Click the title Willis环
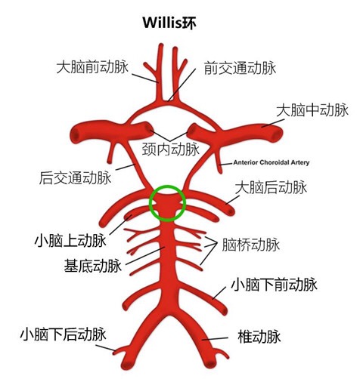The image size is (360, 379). click(169, 23)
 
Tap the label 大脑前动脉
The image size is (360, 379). click(92, 67)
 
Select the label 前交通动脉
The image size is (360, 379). click(240, 68)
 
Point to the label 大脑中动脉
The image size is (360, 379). click(312, 110)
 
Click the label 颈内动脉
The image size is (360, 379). click(171, 149)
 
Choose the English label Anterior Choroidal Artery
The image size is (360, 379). click(272, 162)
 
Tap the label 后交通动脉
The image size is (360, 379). click(75, 177)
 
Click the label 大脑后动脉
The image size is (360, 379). click(271, 187)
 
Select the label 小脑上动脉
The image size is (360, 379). click(70, 241)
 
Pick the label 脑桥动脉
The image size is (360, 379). click(251, 245)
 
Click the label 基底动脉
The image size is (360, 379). click(93, 266)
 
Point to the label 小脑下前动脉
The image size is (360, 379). click(274, 285)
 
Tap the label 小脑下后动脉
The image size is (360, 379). click(63, 334)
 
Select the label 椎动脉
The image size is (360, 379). click(259, 337)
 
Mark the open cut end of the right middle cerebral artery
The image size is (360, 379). click(278, 133)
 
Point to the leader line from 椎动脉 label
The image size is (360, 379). click(215, 339)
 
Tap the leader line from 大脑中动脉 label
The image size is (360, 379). click(273, 123)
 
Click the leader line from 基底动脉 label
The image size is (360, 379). click(145, 256)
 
